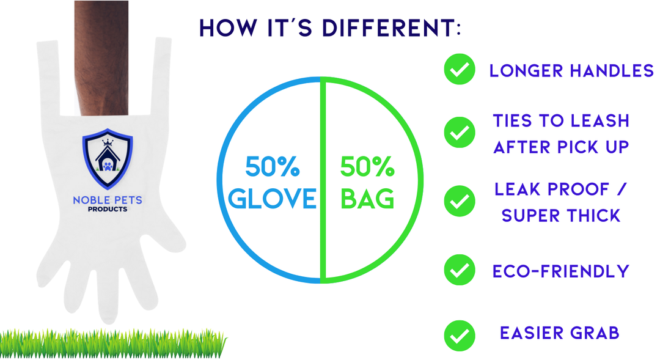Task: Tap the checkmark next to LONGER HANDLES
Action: (460, 69)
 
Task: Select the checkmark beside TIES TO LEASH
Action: (460, 132)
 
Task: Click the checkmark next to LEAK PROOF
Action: (460, 201)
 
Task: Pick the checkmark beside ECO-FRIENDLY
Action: (460, 270)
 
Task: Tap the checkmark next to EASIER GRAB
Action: (460, 335)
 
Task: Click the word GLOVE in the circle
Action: (272, 198)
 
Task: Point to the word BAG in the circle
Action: (367, 198)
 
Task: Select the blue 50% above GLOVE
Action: (273, 166)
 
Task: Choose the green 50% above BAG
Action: (367, 166)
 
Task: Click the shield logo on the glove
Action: (108, 159)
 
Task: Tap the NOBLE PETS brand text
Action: (108, 200)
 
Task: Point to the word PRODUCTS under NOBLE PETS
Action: (108, 209)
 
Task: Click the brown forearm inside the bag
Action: (101, 58)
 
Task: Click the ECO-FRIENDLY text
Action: (560, 271)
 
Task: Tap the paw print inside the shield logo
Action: (108, 166)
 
